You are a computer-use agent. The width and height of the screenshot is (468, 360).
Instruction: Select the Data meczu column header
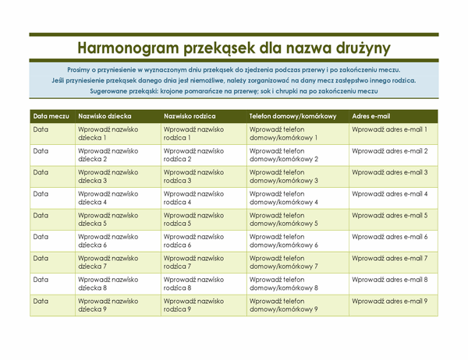(x=50, y=115)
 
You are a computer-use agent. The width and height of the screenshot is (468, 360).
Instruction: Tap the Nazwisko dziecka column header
(x=105, y=115)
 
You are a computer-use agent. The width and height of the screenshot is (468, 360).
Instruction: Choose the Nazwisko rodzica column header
(x=191, y=115)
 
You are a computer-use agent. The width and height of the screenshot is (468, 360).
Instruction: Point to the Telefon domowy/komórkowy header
(x=292, y=115)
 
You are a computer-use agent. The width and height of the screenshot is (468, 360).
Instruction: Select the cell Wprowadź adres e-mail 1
(x=389, y=129)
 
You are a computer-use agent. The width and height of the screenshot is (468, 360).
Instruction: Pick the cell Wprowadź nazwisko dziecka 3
(x=108, y=176)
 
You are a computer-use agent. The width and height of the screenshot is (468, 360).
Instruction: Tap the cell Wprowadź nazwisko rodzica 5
(x=193, y=219)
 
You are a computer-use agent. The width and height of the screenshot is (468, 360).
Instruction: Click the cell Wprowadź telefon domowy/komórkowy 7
(x=284, y=262)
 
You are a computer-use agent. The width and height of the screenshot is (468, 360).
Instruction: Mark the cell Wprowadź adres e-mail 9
(x=389, y=300)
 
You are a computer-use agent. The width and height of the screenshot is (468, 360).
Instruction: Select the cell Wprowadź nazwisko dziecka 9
(x=108, y=304)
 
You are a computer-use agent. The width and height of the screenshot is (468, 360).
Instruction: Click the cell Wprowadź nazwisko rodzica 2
(x=193, y=155)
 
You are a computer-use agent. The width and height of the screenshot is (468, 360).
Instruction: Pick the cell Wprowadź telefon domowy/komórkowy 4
(x=284, y=198)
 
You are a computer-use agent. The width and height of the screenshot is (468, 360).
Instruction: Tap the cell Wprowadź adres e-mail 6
(x=389, y=236)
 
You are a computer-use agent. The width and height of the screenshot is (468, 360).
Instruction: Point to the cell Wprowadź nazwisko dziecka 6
(x=108, y=240)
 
